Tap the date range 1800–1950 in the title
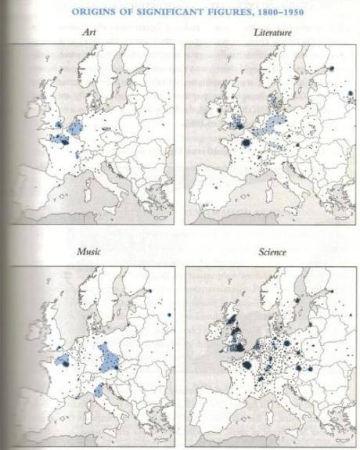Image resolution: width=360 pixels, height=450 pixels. click(276, 12)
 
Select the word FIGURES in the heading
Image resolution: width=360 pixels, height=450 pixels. click(230, 12)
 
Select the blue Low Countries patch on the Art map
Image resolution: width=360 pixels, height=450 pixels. click(76, 127)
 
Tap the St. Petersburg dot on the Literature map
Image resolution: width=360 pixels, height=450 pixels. click(331, 69)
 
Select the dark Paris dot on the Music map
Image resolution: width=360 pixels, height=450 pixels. click(62, 362)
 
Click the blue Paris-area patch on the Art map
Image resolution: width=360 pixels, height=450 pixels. click(59, 139)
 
